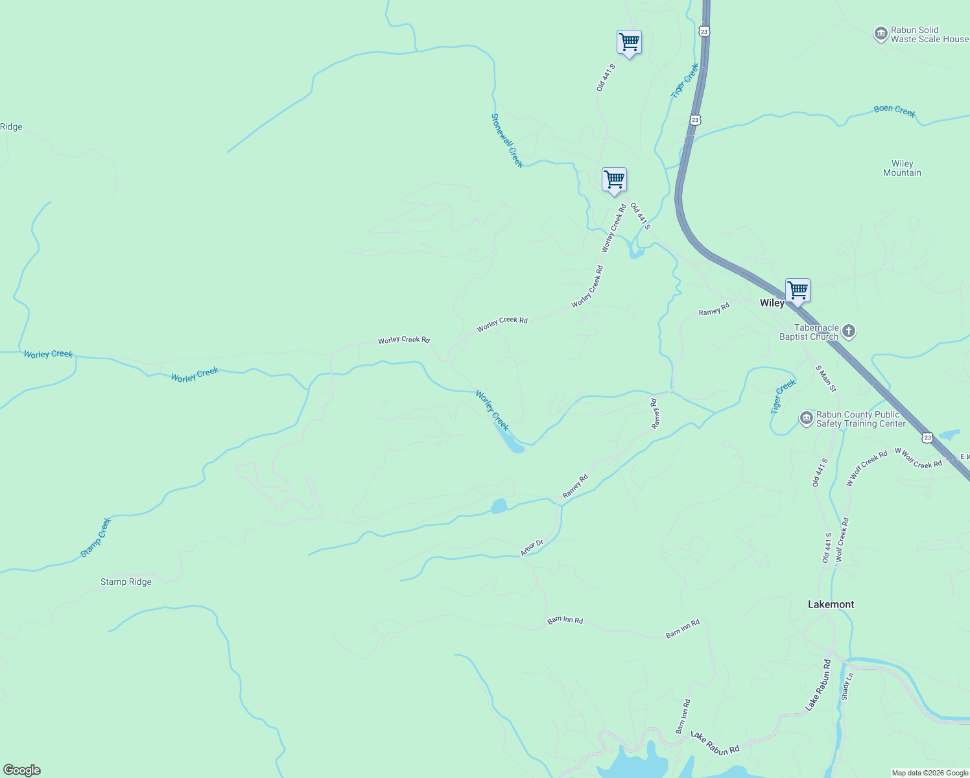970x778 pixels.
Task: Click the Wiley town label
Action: pyautogui.click(x=772, y=303)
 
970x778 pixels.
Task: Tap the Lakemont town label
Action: pyautogui.click(x=831, y=604)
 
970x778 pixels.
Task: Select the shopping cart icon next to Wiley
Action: pyautogui.click(x=798, y=291)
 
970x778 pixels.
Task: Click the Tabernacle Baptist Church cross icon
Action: pyautogui.click(x=849, y=332)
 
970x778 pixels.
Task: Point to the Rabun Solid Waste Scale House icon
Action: pyautogui.click(x=881, y=34)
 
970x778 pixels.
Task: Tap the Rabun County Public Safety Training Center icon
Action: pyautogui.click(x=806, y=418)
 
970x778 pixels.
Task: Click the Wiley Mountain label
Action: pyautogui.click(x=902, y=168)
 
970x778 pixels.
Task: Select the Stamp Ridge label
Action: pyautogui.click(x=126, y=582)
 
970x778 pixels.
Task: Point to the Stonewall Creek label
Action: pyautogui.click(x=507, y=140)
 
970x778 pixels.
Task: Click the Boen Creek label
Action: pyautogui.click(x=894, y=110)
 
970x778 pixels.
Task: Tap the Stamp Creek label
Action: pyautogui.click(x=96, y=537)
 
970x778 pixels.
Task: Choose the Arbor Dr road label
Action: pyautogui.click(x=531, y=548)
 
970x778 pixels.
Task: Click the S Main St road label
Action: pyautogui.click(x=826, y=379)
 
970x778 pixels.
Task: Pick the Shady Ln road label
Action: pyautogui.click(x=847, y=686)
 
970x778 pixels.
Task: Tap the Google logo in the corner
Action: pyautogui.click(x=22, y=770)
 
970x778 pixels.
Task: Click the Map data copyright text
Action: pyautogui.click(x=930, y=773)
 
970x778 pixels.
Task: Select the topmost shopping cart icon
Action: pyautogui.click(x=629, y=43)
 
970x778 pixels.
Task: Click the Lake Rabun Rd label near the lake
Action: pyautogui.click(x=715, y=743)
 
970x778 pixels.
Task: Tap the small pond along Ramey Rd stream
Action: pyautogui.click(x=499, y=506)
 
